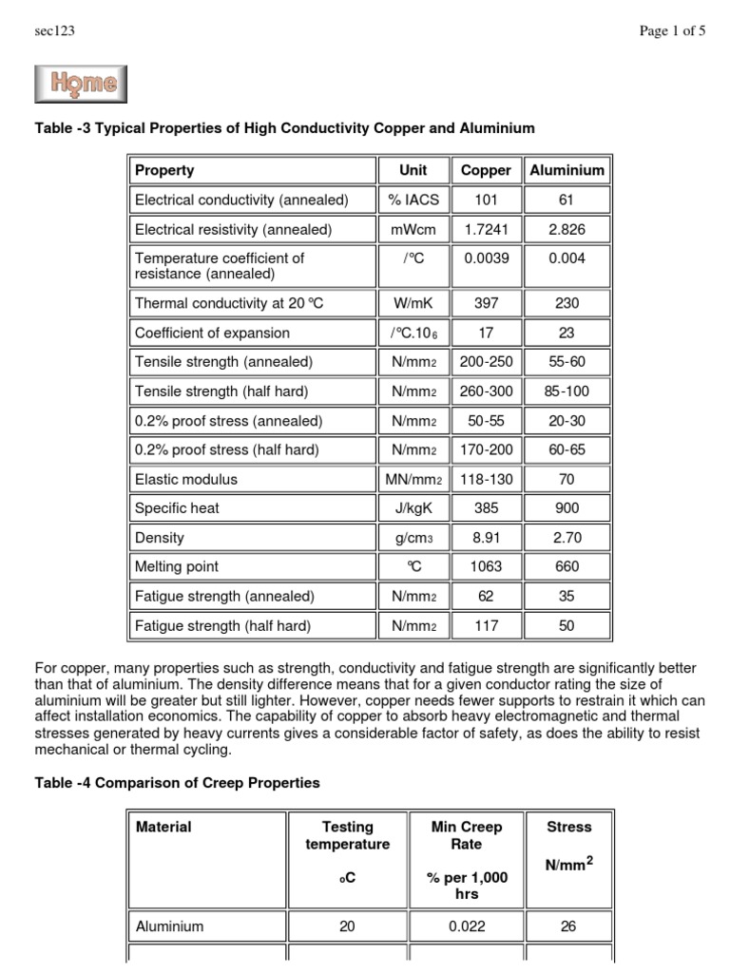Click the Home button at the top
coord(81,85)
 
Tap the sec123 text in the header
coord(54,31)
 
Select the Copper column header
coord(486,171)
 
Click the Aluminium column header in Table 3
coord(567,171)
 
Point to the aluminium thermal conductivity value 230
coord(567,303)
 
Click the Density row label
coord(159,538)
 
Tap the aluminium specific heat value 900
coord(567,508)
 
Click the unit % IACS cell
coord(413,200)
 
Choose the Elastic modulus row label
coord(186,480)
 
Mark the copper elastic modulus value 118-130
coord(486,480)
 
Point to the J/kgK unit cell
coord(413,508)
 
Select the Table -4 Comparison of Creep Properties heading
coord(176,783)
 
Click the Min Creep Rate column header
coord(467,835)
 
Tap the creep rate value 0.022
coord(467,926)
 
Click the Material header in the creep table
coord(163,828)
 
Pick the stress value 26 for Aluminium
coord(568,926)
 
